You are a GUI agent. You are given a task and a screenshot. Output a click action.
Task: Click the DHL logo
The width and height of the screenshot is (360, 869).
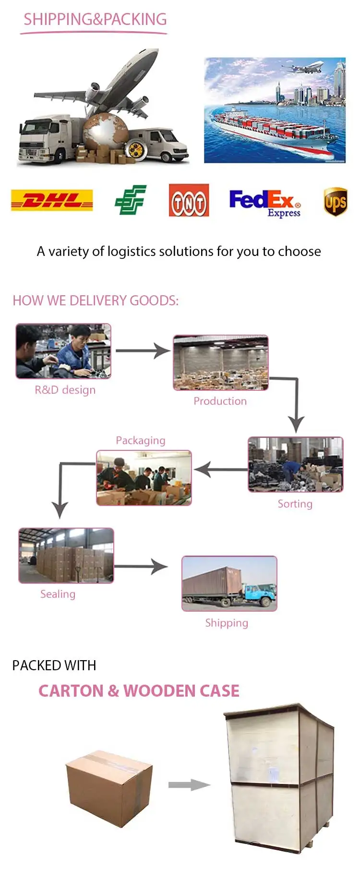click(x=52, y=200)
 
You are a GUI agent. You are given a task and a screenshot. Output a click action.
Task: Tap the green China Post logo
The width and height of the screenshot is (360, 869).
click(x=131, y=200)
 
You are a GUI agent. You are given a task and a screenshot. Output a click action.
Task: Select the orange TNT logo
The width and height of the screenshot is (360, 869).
click(x=189, y=200)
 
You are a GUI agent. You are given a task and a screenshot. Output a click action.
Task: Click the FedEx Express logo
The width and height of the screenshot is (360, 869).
click(x=265, y=202)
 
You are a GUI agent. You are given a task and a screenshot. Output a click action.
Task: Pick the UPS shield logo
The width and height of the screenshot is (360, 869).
click(x=335, y=202)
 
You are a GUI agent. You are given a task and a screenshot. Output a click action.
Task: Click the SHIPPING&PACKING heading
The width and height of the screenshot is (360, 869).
click(x=95, y=19)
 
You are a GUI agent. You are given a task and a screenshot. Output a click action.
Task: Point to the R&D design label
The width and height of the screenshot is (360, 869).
click(x=65, y=390)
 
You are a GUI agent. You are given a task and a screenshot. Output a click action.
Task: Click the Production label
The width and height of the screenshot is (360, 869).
click(x=220, y=401)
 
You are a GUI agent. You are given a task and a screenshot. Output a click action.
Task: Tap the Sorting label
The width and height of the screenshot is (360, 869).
click(x=295, y=504)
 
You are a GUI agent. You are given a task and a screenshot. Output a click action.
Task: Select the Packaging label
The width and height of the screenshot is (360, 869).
click(x=140, y=440)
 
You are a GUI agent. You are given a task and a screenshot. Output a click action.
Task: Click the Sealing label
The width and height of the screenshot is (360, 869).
click(x=58, y=594)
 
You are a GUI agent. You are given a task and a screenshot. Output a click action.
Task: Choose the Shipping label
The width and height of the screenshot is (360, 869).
click(x=227, y=623)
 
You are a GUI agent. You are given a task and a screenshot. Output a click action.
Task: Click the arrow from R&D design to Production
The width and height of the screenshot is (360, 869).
click(x=143, y=350)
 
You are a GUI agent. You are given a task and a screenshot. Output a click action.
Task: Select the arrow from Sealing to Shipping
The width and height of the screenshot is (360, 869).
click(x=141, y=567)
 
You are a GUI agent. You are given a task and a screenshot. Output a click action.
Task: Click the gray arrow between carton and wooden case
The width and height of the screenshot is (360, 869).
click(x=189, y=785)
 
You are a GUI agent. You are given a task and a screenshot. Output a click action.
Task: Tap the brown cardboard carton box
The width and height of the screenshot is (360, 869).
click(x=109, y=787)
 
